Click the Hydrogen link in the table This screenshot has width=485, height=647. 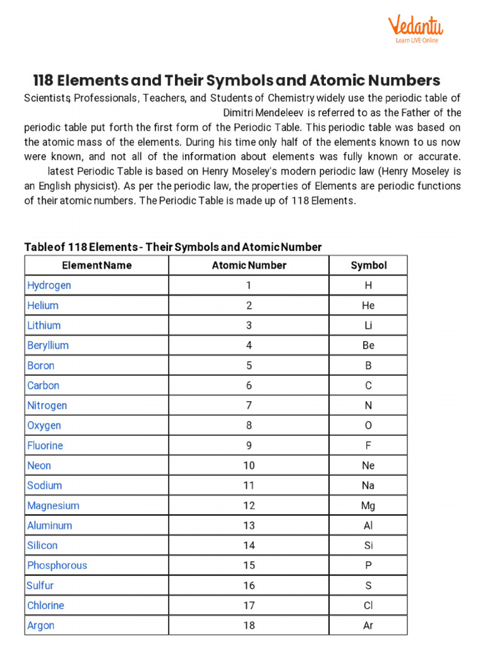tap(49, 286)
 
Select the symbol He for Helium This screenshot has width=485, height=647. tap(368, 306)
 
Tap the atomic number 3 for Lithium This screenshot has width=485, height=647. tap(249, 325)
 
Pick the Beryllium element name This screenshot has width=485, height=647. tap(48, 346)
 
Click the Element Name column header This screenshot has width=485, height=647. tap(97, 265)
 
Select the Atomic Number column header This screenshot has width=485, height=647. tap(249, 265)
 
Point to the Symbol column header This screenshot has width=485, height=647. tap(368, 265)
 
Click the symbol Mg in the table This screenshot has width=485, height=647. tap(368, 505)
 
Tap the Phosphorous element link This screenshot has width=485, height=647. tap(57, 565)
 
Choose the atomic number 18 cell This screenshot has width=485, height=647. tap(249, 626)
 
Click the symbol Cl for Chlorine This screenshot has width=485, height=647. tap(368, 605)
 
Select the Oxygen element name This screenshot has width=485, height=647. tap(44, 426)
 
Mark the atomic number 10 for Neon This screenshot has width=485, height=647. tap(249, 466)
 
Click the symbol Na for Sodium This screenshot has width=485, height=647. tap(368, 486)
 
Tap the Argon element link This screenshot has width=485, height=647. tap(41, 626)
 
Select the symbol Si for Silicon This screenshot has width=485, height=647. tap(368, 545)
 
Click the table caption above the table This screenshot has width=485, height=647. tap(172, 247)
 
